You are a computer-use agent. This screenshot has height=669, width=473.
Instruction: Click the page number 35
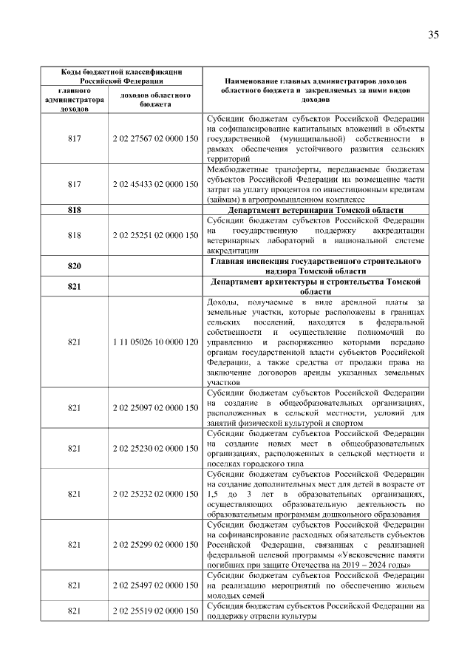(x=433, y=35)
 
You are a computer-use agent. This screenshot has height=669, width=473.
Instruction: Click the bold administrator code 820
(x=74, y=265)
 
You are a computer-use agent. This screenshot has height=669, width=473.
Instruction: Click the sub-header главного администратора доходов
(x=74, y=100)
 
